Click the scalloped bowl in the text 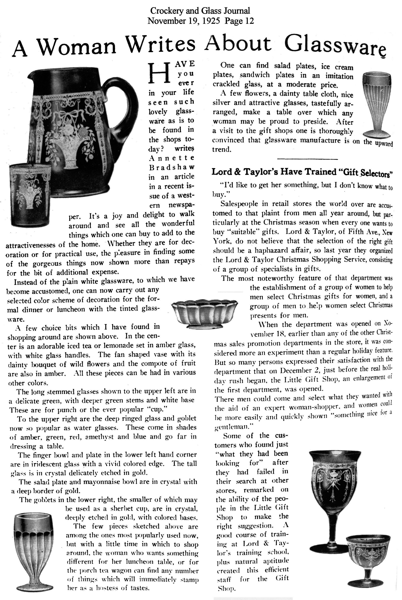pos(204,314)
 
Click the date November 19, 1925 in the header pos(184,20)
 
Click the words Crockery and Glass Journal pos(200,11)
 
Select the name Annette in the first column pos(171,158)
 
